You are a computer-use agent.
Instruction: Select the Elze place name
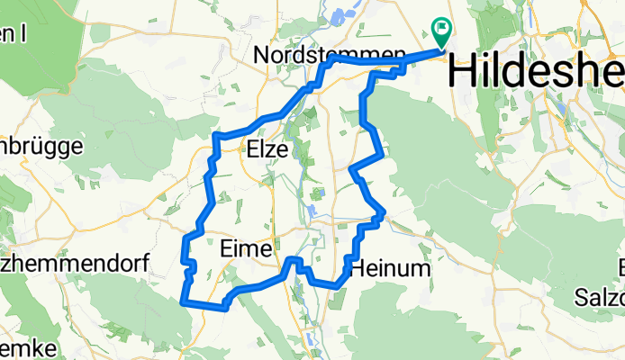point(266,152)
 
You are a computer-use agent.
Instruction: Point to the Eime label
point(243,249)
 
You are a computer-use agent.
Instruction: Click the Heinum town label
point(392,268)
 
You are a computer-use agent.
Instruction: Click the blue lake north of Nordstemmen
point(343,16)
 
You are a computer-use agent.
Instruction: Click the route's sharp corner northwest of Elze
point(216,136)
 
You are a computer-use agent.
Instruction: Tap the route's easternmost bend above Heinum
point(385,212)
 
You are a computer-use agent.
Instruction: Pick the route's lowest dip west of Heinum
point(337,285)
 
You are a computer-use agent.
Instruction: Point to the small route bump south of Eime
point(294,261)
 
